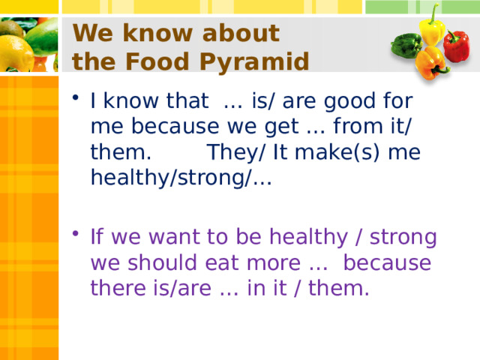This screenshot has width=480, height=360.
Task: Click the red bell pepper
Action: click(456, 46)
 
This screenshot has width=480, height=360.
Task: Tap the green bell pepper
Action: click(406, 45)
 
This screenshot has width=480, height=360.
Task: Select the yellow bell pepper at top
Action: click(432, 29)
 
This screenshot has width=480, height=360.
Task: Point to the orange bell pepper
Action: click(431, 63)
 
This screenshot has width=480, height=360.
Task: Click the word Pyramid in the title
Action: click(254, 61)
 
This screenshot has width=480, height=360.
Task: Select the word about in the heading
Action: click(241, 32)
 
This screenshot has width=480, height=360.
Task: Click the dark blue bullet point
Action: click(76, 97)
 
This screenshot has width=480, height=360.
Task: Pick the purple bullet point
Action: click(76, 233)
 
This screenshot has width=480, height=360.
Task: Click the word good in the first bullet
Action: click(349, 101)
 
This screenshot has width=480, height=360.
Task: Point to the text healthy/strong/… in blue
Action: click(181, 178)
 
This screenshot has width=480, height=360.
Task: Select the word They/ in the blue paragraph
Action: click(235, 152)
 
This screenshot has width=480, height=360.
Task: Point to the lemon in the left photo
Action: click(16, 53)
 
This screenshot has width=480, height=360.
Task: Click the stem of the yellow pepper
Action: click(434, 13)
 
